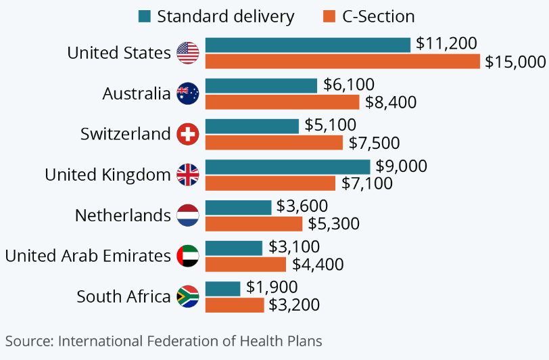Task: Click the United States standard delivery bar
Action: tap(308, 45)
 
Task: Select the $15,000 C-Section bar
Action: tap(343, 62)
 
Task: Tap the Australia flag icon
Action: tap(187, 93)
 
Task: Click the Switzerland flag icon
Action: tap(187, 134)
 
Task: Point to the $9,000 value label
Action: tap(402, 166)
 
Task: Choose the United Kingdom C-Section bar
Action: tap(270, 183)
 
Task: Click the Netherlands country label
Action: tap(122, 215)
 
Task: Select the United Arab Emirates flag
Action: tap(187, 256)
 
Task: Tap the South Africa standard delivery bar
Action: tap(222, 288)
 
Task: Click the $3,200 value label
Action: tap(295, 305)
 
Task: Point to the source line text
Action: tap(164, 340)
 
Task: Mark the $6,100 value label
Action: tap(348, 85)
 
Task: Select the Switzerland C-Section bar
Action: tap(274, 143)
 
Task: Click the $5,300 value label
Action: tap(333, 224)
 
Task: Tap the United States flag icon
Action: tap(187, 53)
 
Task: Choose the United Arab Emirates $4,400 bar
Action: tap(245, 265)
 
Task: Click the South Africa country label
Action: tap(123, 296)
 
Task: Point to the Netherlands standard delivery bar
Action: tap(238, 207)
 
